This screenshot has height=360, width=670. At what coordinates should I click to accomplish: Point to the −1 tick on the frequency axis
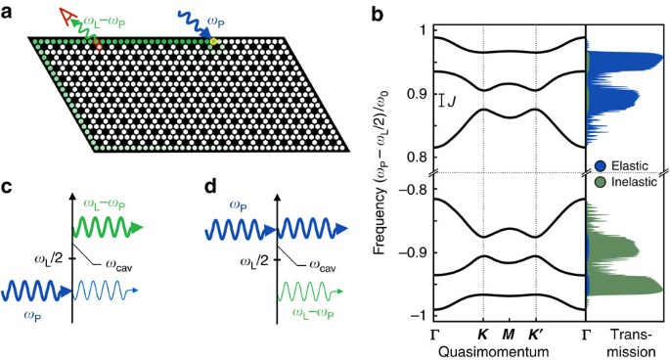point(415,314)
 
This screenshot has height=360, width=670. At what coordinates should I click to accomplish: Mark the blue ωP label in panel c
point(19,316)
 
